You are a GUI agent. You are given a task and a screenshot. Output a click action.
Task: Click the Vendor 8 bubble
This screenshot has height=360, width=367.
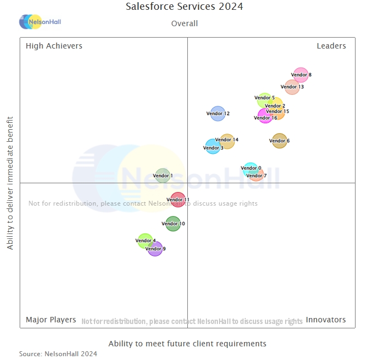point(301,75)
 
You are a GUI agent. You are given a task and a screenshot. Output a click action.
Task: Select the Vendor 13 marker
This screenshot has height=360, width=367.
point(292,87)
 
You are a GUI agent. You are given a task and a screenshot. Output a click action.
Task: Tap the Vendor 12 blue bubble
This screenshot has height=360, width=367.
point(217,113)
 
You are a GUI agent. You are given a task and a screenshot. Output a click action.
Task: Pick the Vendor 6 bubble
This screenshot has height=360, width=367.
point(279,141)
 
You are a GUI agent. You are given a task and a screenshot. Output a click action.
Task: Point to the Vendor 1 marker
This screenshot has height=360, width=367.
point(162,176)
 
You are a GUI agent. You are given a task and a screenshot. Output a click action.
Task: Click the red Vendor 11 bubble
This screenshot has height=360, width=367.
point(177,200)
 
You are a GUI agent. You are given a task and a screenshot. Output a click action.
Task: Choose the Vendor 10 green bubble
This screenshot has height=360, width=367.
point(173,224)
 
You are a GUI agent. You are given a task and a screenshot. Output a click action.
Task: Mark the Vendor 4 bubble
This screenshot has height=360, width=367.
point(145,241)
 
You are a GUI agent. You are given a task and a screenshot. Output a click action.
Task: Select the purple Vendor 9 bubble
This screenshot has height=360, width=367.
point(155,249)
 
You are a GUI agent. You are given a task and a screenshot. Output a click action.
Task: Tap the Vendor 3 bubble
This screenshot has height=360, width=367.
point(213,147)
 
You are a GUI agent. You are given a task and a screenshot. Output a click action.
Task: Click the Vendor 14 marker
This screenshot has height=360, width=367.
point(226,141)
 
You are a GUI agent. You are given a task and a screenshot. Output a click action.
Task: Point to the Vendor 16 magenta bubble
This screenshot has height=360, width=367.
point(265,117)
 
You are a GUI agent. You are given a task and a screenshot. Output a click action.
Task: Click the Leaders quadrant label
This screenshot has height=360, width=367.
point(331,46)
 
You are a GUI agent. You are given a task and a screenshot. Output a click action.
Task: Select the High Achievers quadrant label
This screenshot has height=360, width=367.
point(54,46)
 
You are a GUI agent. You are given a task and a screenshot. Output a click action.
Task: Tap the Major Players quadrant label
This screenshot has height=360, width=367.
point(51,320)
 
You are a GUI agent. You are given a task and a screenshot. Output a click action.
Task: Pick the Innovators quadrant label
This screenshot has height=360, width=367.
point(325,320)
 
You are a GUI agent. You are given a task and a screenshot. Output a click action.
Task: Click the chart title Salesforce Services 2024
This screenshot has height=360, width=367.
point(185,7)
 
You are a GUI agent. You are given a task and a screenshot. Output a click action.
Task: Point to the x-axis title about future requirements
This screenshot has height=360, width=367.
point(187,344)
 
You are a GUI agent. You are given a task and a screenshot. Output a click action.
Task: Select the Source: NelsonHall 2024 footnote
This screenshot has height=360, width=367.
point(58,354)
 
